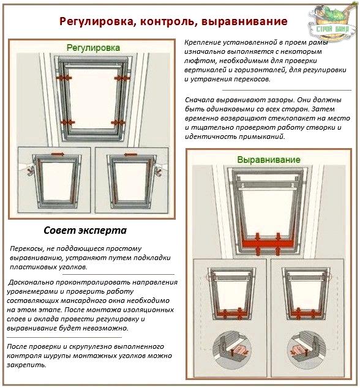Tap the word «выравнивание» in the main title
[x=244, y=22]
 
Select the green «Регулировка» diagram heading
[x=93, y=48]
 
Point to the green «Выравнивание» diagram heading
[x=269, y=160]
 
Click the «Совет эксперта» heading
[x=85, y=230]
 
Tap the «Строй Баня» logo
[x=332, y=22]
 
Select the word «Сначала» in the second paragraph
[x=200, y=100]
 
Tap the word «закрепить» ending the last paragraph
[x=26, y=365]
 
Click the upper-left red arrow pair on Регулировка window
[x=64, y=78]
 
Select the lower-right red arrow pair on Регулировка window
[x=118, y=122]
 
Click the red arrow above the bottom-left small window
[x=58, y=154]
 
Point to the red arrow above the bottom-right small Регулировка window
[x=130, y=155]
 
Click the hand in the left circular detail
[x=238, y=351]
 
